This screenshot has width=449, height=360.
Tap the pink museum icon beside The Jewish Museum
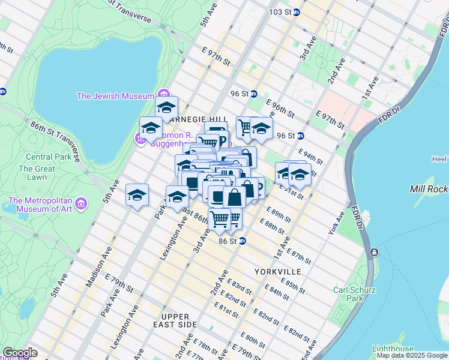163,95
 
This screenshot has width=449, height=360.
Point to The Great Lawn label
37,173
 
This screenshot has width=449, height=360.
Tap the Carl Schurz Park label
355,294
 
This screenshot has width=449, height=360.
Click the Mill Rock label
428,189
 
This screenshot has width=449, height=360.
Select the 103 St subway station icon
296,12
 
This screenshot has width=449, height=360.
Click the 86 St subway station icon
243,241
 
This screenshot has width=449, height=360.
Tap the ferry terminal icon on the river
374,252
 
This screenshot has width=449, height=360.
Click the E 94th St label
310,157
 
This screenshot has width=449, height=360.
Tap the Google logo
20,353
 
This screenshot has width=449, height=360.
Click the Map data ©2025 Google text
411,355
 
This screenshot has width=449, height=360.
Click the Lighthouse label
393,349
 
